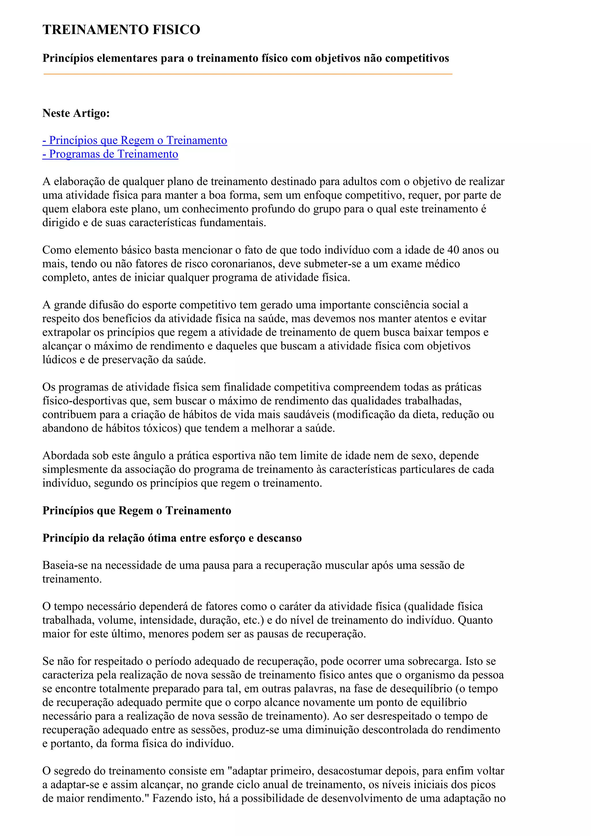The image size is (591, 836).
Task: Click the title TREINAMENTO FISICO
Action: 121,29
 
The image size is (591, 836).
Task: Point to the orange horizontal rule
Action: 248,74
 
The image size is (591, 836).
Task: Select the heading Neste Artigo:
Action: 76,113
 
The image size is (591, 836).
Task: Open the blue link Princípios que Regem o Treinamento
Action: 135,141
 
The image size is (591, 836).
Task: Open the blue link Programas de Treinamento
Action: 110,154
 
